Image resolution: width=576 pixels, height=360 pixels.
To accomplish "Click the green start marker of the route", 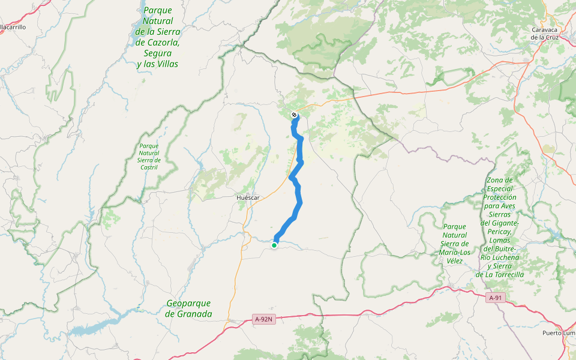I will pyautogui.click(x=274, y=245).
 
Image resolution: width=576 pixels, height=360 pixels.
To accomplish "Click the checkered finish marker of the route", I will pyautogui.click(x=294, y=115).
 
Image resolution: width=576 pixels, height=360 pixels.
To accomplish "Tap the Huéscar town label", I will pyautogui.click(x=248, y=197).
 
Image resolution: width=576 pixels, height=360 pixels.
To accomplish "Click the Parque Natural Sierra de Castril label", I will pyautogui.click(x=149, y=156).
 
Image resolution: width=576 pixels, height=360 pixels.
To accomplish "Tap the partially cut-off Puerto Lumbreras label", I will pyautogui.click(x=558, y=333).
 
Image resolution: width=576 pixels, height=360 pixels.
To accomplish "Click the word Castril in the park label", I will pyautogui.click(x=149, y=167).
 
